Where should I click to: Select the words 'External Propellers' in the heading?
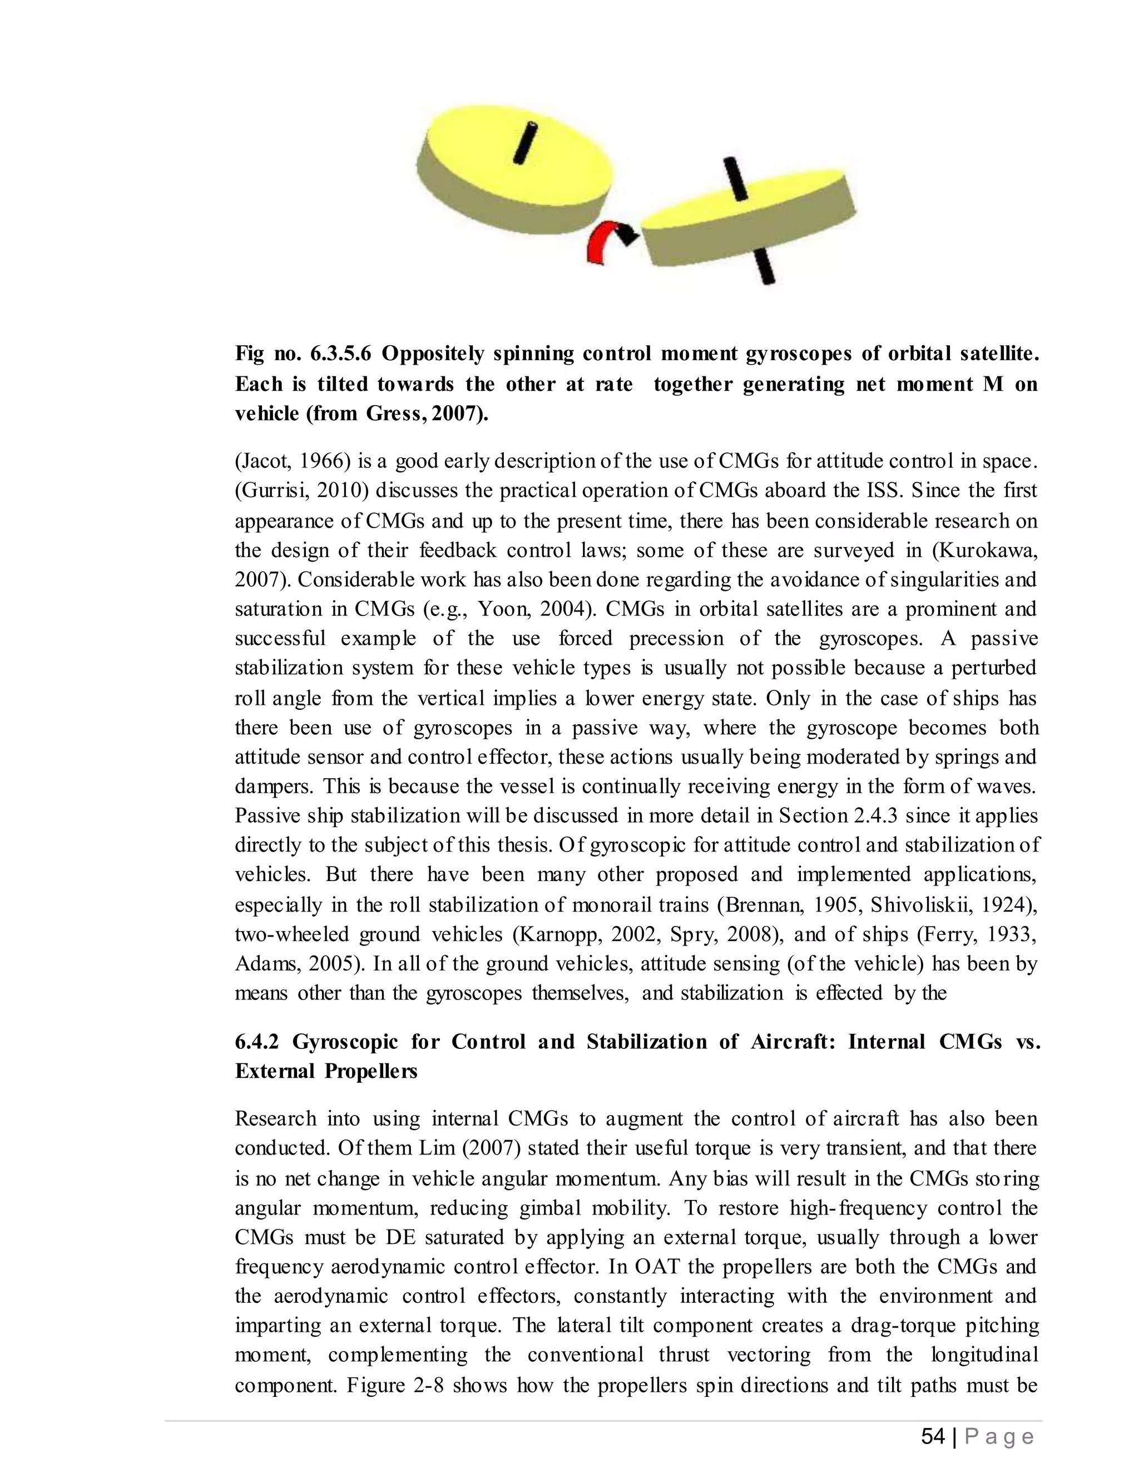pyautogui.click(x=326, y=1071)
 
